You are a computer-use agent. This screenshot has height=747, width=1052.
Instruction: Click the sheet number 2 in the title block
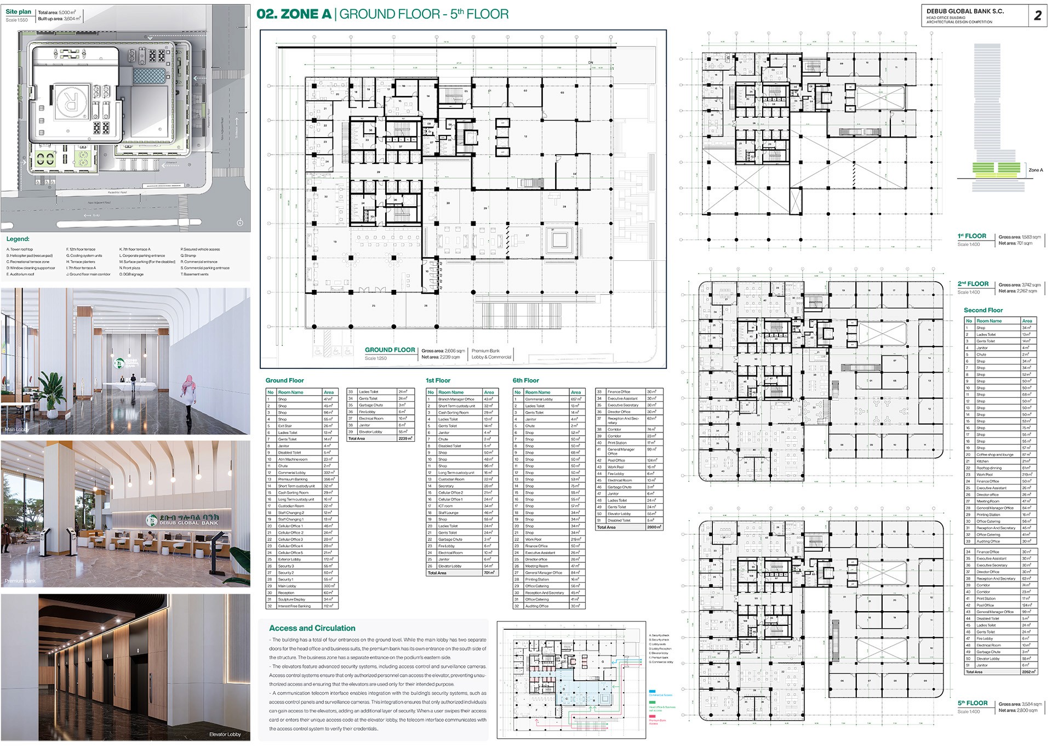point(1037,15)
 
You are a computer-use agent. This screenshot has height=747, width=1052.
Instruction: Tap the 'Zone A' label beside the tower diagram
point(1035,170)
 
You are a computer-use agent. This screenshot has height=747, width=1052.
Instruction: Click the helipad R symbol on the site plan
point(70,103)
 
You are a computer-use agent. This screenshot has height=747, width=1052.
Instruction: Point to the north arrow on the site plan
point(239,223)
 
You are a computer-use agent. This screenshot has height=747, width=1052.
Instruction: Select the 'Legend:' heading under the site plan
point(18,239)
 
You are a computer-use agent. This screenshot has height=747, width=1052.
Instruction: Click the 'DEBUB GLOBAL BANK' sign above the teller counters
point(183,520)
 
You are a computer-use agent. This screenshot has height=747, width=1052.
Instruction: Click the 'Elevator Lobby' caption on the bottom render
point(225,734)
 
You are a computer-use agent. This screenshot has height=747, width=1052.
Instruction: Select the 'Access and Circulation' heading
point(312,628)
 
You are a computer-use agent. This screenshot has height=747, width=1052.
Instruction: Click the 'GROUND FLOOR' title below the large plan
point(390,350)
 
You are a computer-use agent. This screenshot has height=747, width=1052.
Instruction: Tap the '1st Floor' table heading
point(438,380)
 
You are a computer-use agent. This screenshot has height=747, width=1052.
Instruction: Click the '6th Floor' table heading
point(525,380)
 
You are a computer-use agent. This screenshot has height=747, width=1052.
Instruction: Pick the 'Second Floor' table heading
point(983,310)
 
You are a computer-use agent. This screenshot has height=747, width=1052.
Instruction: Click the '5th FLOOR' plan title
point(973,703)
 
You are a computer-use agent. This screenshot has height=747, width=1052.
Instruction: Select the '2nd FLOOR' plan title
point(973,284)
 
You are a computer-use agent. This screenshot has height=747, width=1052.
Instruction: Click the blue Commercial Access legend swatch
point(653,692)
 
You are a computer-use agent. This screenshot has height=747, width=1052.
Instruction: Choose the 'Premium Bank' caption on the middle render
point(20,581)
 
